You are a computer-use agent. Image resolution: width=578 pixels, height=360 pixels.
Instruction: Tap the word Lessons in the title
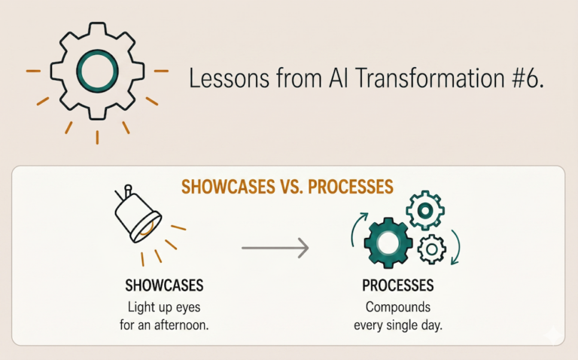(229, 78)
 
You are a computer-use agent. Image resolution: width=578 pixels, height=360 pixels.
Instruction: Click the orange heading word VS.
(291, 187)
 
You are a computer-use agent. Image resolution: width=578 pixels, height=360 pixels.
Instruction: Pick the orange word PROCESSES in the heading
(351, 187)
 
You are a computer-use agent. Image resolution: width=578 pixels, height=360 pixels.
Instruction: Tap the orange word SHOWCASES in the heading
(228, 187)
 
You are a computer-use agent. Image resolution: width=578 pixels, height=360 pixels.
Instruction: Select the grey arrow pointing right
(275, 248)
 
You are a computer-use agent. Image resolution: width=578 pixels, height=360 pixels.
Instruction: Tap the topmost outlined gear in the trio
(425, 210)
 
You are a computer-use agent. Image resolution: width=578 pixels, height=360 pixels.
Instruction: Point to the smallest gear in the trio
(432, 249)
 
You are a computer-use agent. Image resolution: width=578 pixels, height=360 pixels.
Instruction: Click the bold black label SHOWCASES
(164, 285)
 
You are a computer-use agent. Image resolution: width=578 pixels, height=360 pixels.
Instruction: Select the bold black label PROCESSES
(397, 285)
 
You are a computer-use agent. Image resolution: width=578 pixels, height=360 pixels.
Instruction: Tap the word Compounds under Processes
(398, 307)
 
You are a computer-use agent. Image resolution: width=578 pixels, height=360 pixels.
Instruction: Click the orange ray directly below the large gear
(97, 137)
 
